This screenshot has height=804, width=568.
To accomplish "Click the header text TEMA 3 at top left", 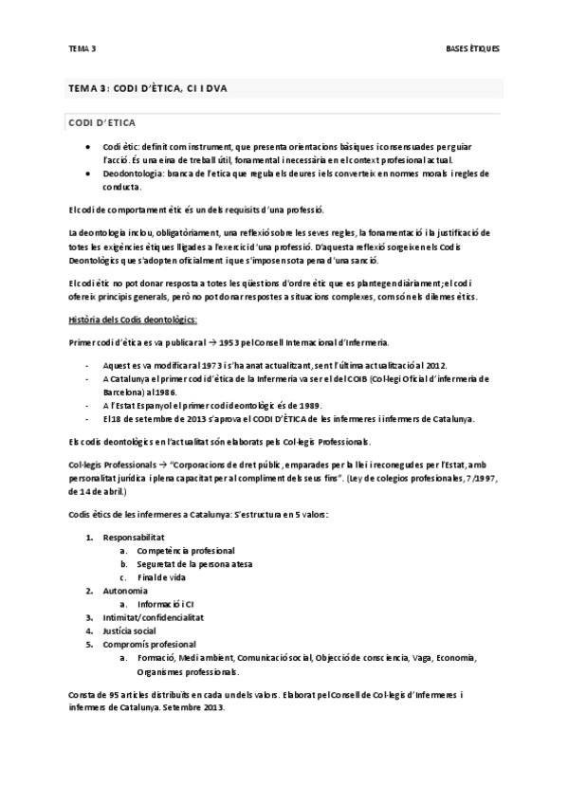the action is coord(82,47).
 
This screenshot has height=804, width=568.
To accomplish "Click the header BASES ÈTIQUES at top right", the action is coord(472,47).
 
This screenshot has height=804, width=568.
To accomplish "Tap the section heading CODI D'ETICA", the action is coord(102,123).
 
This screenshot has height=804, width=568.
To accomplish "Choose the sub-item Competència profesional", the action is coord(186,550).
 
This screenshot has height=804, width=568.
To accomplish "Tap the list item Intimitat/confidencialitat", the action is coord(154,616).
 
